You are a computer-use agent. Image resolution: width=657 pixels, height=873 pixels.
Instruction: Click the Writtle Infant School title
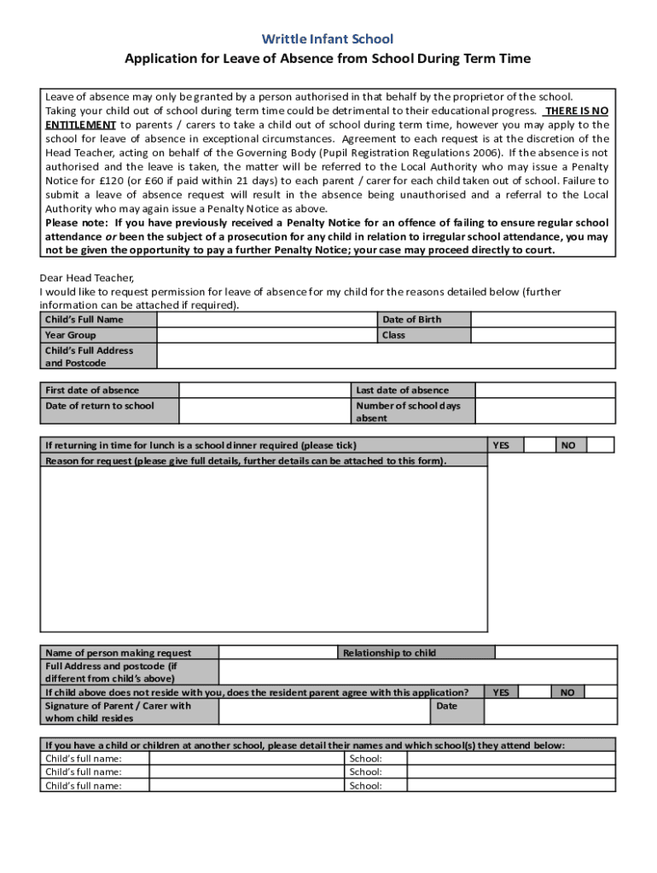pos(328,39)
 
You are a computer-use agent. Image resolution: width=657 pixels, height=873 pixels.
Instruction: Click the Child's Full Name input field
pos(267,320)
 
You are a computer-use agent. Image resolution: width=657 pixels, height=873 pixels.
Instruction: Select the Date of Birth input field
pos(543,320)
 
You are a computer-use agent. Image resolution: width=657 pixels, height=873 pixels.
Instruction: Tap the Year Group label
pos(71,335)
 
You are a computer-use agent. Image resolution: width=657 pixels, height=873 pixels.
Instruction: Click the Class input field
pos(543,335)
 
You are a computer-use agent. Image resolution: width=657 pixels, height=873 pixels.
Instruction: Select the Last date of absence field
pos(544,390)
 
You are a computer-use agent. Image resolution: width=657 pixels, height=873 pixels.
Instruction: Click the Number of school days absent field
pos(544,411)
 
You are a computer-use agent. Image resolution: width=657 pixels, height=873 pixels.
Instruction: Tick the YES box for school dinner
pos(538,445)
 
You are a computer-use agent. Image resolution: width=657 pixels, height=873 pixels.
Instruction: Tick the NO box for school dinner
pos(600,445)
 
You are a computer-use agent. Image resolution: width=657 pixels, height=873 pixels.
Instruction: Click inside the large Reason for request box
pos(264,549)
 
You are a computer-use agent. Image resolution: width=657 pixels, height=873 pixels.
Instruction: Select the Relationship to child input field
pos(555,653)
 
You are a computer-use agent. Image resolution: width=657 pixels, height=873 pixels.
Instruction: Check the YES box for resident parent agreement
pos(534,692)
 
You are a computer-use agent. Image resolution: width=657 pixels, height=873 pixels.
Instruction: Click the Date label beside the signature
pos(446,706)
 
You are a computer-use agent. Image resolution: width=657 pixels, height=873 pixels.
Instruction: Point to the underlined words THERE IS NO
pos(576,111)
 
